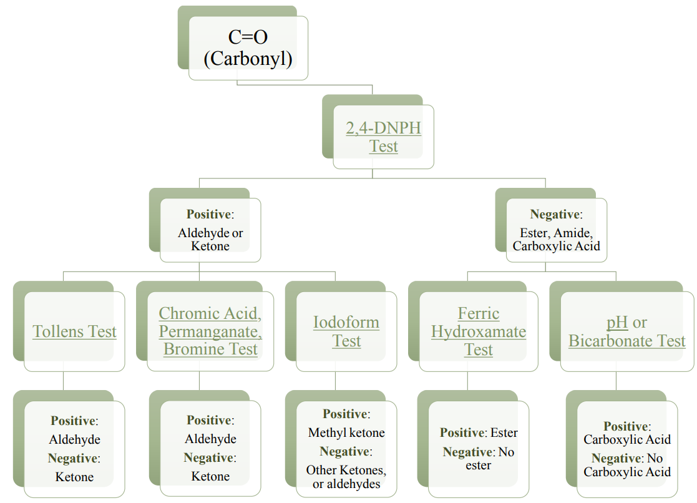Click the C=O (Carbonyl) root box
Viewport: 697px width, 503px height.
click(x=248, y=47)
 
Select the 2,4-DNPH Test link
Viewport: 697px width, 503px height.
click(x=384, y=137)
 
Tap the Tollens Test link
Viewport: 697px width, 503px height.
click(x=75, y=331)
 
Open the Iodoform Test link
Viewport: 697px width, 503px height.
click(x=346, y=331)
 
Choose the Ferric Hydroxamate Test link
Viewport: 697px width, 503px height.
click(x=479, y=331)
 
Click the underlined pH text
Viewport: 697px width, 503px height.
click(x=617, y=323)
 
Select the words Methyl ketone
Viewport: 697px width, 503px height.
click(x=346, y=432)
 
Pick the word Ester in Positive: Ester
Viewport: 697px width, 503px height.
click(x=504, y=432)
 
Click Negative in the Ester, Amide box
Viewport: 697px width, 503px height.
click(x=554, y=214)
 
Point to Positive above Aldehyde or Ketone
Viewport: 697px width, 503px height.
click(x=208, y=214)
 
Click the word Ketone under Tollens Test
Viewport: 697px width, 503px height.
click(x=75, y=477)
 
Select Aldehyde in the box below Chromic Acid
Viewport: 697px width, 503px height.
click(x=210, y=439)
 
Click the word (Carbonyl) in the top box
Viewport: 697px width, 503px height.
click(x=248, y=59)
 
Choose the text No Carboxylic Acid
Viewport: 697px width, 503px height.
click(x=627, y=465)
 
